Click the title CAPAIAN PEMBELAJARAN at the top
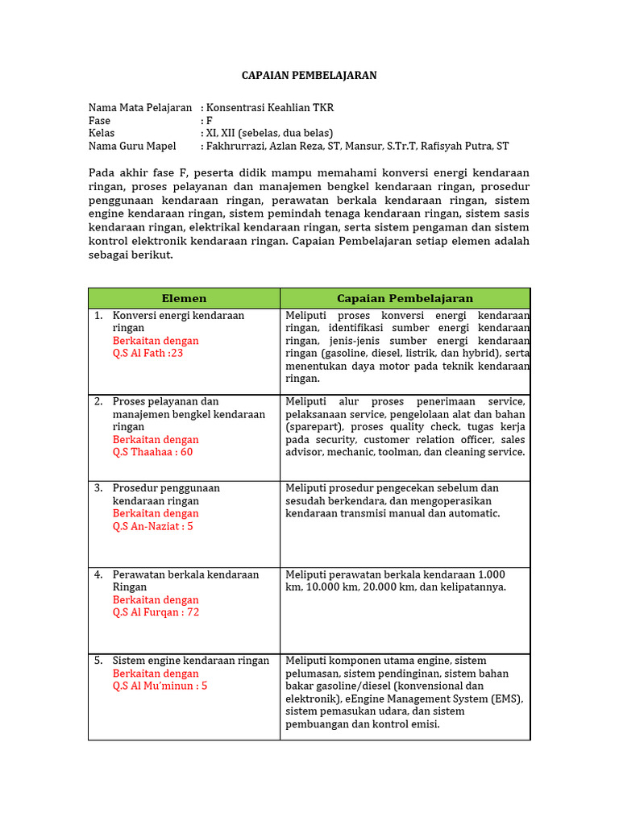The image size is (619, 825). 309,76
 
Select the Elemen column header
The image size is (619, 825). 184,298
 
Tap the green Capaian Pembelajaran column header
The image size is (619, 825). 405,298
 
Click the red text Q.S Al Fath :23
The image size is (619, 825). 147,353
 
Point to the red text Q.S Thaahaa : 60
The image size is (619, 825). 152,452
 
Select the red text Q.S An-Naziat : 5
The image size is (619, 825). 152,526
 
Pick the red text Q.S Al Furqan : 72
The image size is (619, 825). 156,612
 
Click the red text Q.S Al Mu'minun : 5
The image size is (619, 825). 160,686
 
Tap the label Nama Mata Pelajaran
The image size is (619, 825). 139,107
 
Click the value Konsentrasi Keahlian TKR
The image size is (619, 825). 270,107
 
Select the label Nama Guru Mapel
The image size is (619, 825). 132,146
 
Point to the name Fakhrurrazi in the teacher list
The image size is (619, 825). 237,146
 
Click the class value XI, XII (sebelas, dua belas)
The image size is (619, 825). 270,133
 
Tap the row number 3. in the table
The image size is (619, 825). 98,488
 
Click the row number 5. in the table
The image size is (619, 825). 98,661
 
